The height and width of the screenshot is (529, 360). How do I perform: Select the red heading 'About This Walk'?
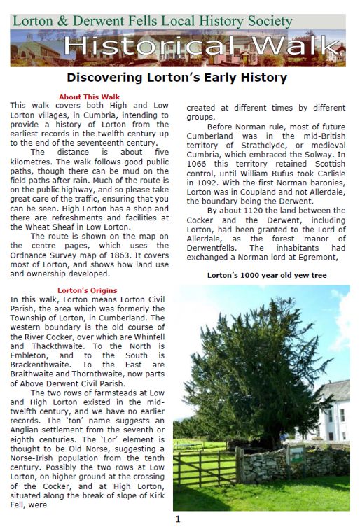89,97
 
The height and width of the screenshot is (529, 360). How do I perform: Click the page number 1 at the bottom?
178,519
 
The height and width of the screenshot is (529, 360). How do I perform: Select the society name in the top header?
153,21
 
